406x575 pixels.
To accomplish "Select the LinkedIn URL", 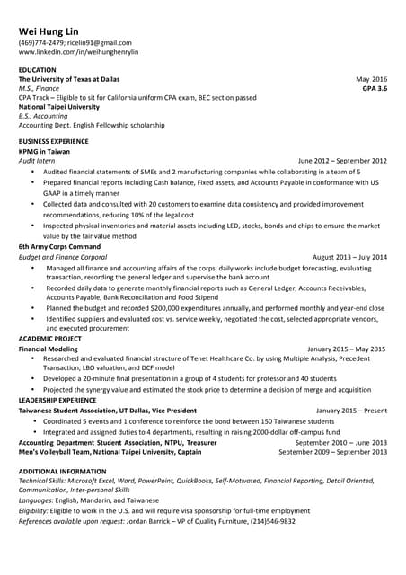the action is point(78,52).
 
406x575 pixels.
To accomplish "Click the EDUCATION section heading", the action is point(38,69).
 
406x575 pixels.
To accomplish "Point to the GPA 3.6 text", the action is point(375,89).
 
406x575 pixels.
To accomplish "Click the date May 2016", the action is point(371,79).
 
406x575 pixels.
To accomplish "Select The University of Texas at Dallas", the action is point(69,79).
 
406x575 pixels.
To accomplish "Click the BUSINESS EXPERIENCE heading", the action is point(54,141).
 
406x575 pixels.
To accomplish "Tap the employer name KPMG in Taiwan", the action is point(44,151).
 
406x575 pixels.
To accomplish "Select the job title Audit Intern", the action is point(37,160).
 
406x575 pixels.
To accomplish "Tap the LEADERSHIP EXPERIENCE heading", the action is point(57,400).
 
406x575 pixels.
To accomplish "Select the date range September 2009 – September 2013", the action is point(333,451).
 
